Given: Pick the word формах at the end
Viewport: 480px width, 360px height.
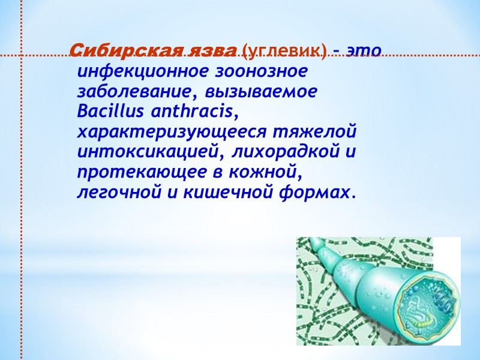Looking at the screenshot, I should pyautogui.click(x=323, y=193).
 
